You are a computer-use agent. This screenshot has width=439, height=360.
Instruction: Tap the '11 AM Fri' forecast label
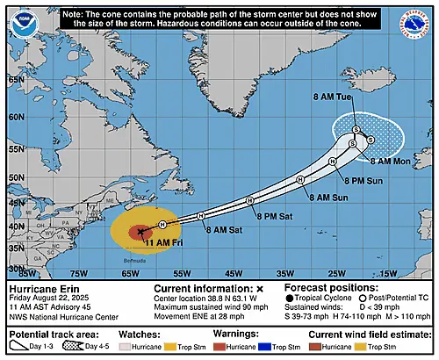(162, 241)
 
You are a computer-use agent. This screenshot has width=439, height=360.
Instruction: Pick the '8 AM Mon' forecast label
(390, 162)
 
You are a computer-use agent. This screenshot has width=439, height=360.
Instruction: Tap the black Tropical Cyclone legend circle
(290, 299)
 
